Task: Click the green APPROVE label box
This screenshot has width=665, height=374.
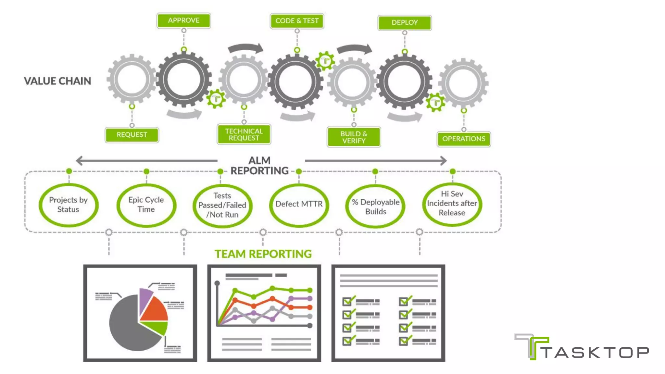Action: click(x=183, y=20)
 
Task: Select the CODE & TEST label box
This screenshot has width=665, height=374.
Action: click(x=297, y=21)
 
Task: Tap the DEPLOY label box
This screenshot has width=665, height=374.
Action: click(x=404, y=23)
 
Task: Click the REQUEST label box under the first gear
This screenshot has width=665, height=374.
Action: click(x=132, y=135)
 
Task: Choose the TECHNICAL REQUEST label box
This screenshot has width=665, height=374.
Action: click(x=244, y=134)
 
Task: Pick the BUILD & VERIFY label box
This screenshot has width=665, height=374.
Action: click(x=354, y=137)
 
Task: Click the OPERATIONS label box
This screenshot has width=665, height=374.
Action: click(x=463, y=139)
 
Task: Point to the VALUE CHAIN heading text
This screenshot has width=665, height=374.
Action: click(x=57, y=81)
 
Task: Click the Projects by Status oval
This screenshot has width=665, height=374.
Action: click(x=68, y=205)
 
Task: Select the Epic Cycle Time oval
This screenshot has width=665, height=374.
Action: click(x=146, y=205)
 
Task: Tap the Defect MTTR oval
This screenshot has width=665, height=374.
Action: click(x=299, y=204)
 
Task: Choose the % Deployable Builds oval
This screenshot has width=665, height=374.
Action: click(x=375, y=206)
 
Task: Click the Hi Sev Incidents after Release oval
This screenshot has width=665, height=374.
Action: click(x=452, y=204)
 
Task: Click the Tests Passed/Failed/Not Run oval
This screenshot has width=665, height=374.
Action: click(x=222, y=206)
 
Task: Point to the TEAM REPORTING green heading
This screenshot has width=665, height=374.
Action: click(x=263, y=254)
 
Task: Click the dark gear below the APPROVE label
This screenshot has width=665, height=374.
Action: click(x=184, y=80)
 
